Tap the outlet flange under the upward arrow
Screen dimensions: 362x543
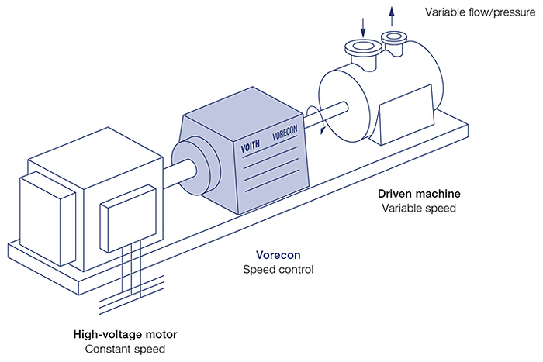tap(395, 36)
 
